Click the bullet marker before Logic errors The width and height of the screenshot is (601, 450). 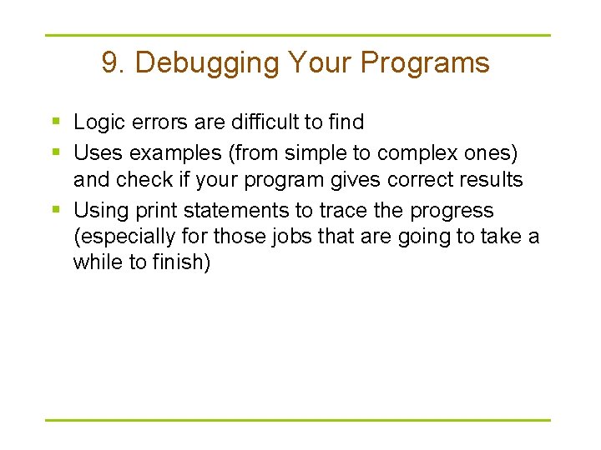(x=56, y=122)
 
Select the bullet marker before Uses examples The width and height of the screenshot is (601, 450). (x=56, y=150)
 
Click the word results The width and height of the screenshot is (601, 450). (x=494, y=179)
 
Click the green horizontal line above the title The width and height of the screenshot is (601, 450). (x=298, y=35)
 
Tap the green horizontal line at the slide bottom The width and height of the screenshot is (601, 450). (x=298, y=420)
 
